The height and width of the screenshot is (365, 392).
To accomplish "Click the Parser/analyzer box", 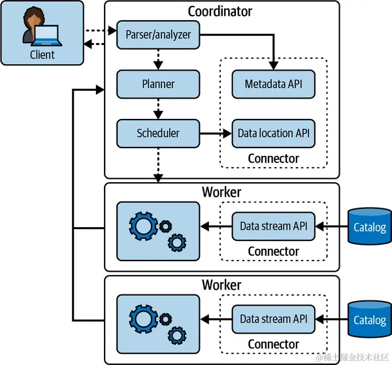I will point(157,35).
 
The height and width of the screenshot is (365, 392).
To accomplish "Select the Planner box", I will point(157,84).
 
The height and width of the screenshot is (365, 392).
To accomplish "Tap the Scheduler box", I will point(157,133).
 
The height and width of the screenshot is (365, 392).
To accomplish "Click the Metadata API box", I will point(273,84).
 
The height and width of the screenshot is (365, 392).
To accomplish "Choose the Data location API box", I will point(273,133).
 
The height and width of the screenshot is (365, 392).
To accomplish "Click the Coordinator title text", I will point(220,11).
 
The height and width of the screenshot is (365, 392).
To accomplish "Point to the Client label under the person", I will point(42,55).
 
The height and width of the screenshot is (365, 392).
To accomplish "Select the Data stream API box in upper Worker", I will point(273,227).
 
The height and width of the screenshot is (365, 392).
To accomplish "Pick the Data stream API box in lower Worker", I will point(273,319).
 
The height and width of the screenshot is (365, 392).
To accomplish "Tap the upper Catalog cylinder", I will point(370,226).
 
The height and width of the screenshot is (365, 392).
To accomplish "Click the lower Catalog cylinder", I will point(370,319).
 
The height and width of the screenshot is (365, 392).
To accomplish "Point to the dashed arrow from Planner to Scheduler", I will point(157,108).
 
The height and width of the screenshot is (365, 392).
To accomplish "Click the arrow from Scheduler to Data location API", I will point(215,133).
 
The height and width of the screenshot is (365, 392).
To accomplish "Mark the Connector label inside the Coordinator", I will point(273,159).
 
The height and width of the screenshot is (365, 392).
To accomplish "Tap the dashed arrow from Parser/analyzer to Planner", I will point(157,59).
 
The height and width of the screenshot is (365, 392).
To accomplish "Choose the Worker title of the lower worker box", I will point(221,285).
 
